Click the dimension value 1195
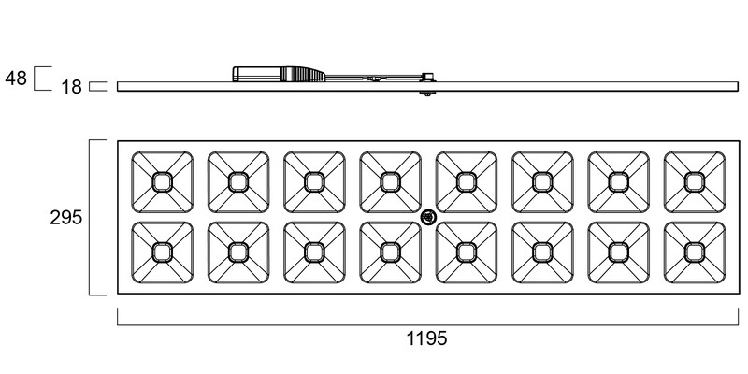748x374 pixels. [427, 338]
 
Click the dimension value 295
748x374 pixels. [65, 218]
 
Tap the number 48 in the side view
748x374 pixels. [16, 78]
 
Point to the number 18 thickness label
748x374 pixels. [71, 87]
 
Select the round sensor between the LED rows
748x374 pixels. [428, 218]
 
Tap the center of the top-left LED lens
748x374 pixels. [162, 182]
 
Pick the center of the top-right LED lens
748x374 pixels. [695, 182]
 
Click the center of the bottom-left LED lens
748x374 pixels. [162, 252]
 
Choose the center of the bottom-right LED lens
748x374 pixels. [695, 252]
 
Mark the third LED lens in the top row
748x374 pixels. [314, 182]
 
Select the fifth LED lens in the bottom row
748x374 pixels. [467, 252]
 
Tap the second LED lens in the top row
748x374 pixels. [238, 182]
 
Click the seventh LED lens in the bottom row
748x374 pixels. [619, 252]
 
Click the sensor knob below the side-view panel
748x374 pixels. [427, 93]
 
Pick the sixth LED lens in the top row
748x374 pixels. [542, 182]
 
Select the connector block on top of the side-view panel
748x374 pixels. [427, 77]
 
